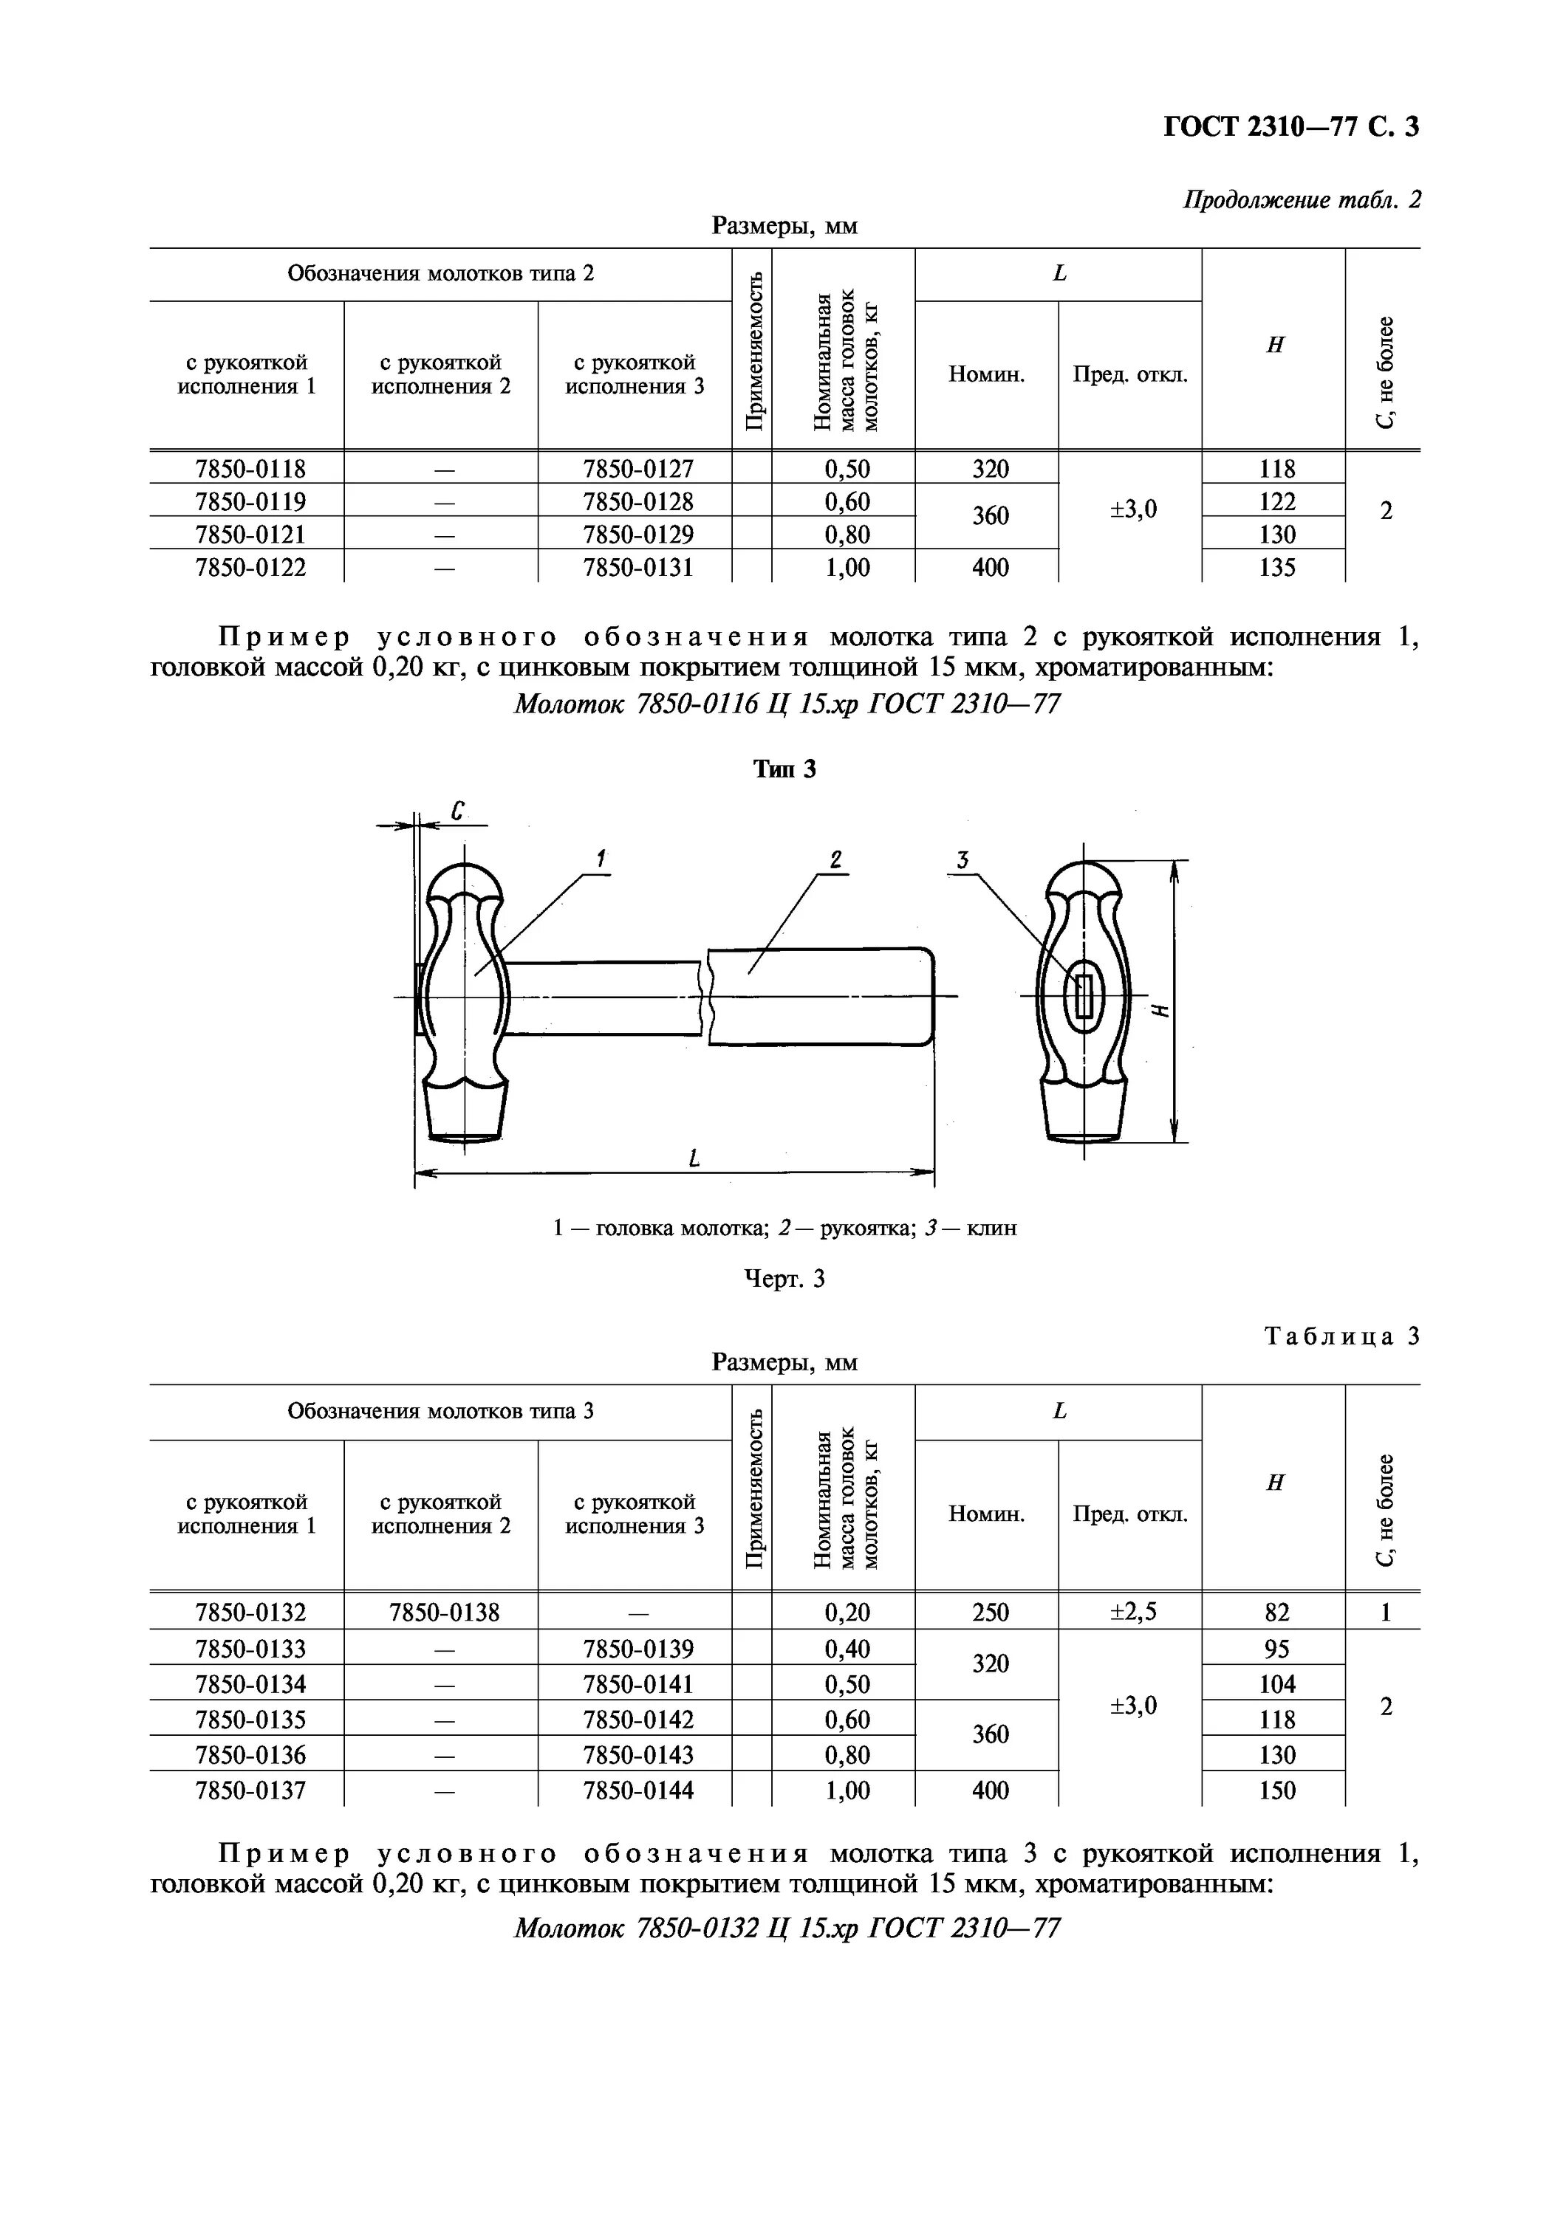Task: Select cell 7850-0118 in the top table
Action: click(250, 469)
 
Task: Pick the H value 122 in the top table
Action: click(1276, 501)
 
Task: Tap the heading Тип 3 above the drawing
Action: click(784, 769)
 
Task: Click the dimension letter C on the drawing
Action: click(458, 811)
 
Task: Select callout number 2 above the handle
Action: click(835, 859)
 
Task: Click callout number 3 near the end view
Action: click(962, 859)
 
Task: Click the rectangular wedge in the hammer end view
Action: click(1084, 995)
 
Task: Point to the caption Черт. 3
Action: click(784, 1280)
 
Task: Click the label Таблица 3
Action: click(1341, 1337)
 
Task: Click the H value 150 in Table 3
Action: click(1276, 1790)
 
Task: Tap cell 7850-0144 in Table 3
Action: click(637, 1790)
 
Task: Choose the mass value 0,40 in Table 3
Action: click(847, 1649)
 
